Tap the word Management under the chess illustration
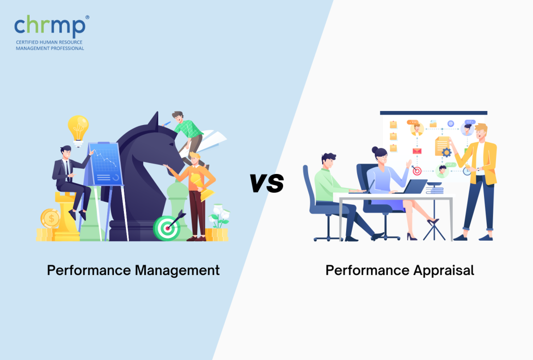177,271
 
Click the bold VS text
267,183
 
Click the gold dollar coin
50,218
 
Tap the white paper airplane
211,141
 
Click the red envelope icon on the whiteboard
417,151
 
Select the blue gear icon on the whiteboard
446,152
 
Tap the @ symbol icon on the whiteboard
451,124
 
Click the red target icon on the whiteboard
417,171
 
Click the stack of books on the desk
435,188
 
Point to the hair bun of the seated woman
375,150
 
